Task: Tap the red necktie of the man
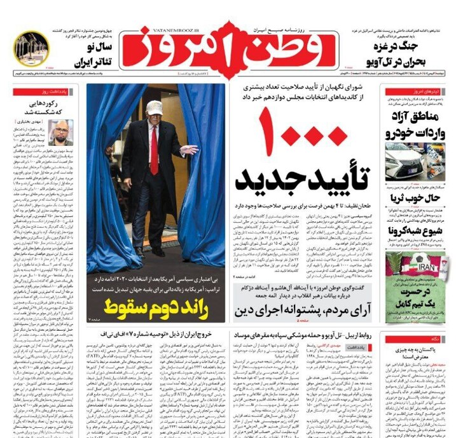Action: click(154, 150)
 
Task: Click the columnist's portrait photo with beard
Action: click(62, 132)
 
